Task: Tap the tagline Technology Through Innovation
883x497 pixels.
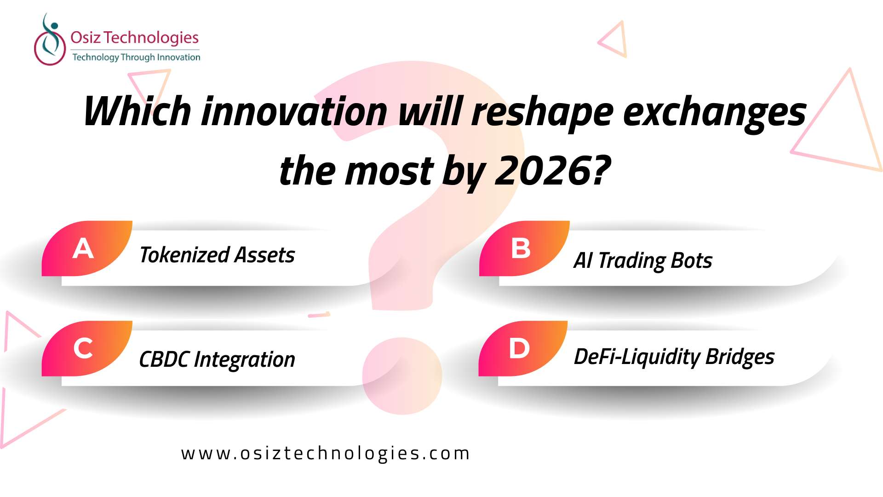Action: coord(136,58)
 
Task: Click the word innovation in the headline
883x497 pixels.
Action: coord(294,111)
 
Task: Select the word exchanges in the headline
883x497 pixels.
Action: coord(714,113)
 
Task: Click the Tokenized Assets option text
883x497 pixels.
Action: coord(217,255)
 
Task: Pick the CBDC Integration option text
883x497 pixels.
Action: coord(217,360)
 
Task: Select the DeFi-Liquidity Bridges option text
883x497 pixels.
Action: coord(674,357)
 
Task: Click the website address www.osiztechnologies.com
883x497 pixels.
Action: coord(326,454)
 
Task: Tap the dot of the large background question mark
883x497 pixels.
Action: coord(402,376)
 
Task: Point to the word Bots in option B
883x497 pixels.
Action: coord(692,260)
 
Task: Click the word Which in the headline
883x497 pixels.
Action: coord(138,111)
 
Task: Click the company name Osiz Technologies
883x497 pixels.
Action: coord(134,37)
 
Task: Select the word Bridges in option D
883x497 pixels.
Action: coord(740,357)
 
